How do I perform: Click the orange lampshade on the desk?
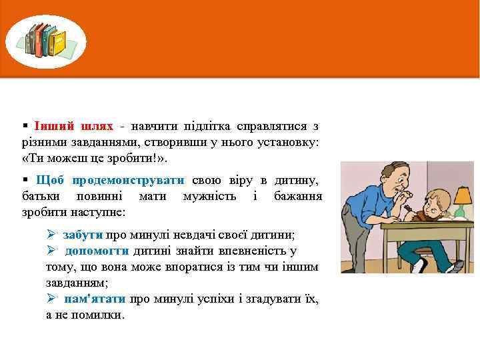point(461,196)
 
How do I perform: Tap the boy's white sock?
point(419,265)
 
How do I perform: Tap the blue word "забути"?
point(83,235)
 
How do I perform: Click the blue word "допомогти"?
point(97,251)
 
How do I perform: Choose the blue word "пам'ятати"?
point(97,299)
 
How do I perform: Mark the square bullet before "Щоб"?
point(25,180)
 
